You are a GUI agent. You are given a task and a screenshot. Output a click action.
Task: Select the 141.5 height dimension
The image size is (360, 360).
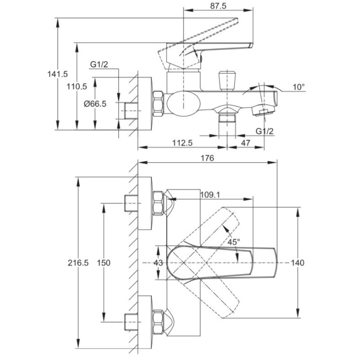pos(58,74)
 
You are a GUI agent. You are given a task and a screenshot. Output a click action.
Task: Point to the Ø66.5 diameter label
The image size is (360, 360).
pos(95,104)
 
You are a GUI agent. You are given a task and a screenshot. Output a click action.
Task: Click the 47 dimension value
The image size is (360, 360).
pos(245,143)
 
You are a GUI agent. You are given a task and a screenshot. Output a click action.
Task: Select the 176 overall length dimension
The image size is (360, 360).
pos(208,158)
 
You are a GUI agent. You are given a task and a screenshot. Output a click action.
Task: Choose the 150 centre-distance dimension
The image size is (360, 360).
pos(104,263)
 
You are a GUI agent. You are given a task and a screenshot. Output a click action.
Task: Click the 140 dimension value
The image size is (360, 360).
pos(298,263)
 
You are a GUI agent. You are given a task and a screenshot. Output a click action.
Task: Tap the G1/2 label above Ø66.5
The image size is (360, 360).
pos(99,64)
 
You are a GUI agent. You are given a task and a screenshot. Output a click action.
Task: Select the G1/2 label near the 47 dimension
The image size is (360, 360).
pos(265,131)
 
